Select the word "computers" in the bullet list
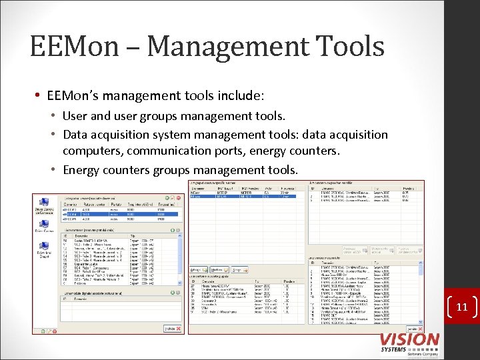(x=92, y=151)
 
